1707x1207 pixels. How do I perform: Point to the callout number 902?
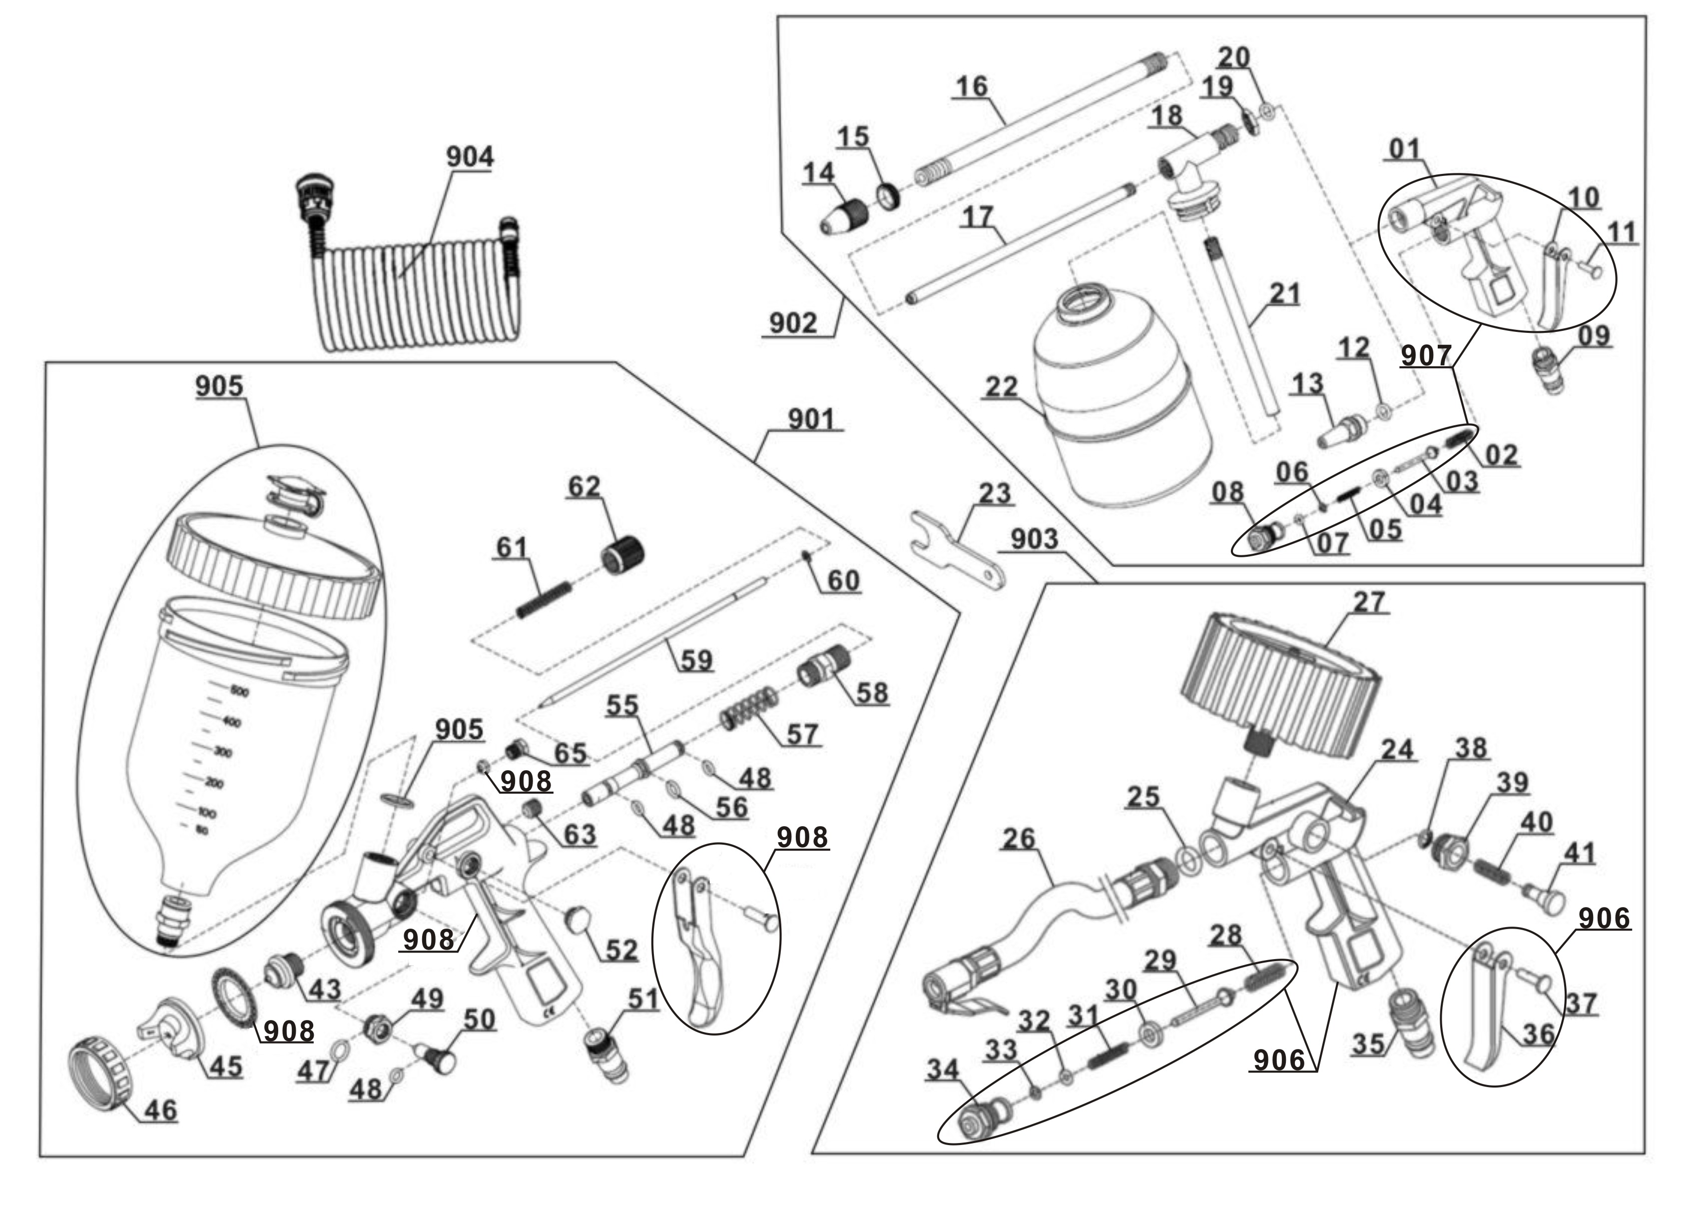click(793, 323)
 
